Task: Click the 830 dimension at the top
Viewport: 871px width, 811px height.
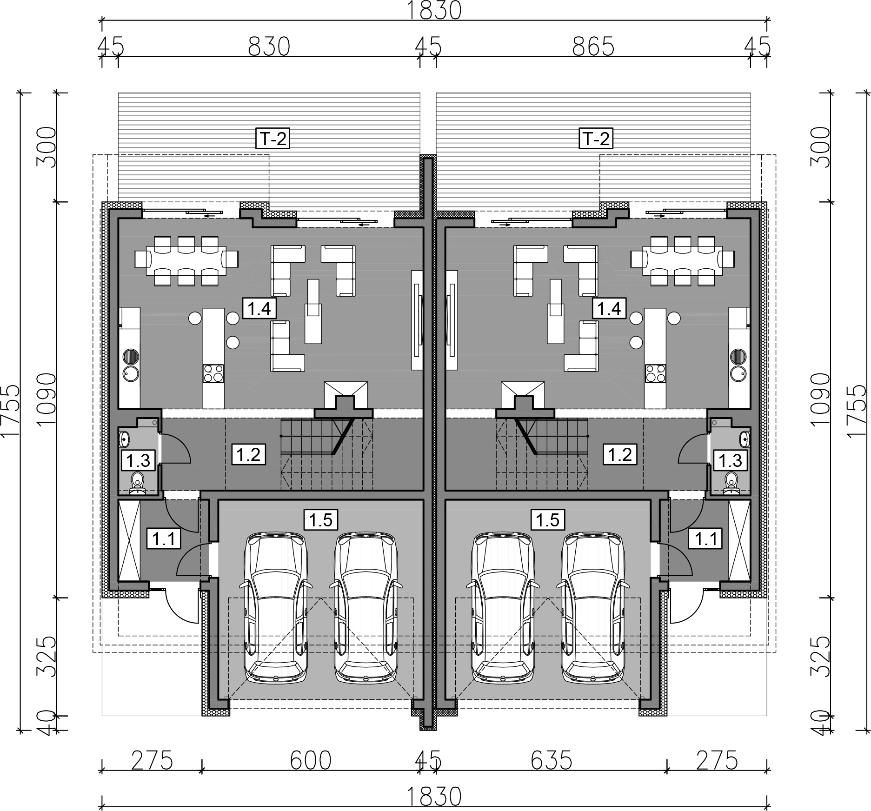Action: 269,47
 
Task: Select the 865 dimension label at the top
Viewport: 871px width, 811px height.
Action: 593,47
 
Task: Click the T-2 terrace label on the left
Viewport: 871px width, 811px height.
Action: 273,139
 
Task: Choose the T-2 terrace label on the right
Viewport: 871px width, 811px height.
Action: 596,139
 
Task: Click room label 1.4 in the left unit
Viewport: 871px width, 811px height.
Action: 259,308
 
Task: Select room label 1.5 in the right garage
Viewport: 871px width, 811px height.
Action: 548,519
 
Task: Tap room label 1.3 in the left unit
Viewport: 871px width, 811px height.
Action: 138,460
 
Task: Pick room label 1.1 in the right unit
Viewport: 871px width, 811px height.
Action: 706,539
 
